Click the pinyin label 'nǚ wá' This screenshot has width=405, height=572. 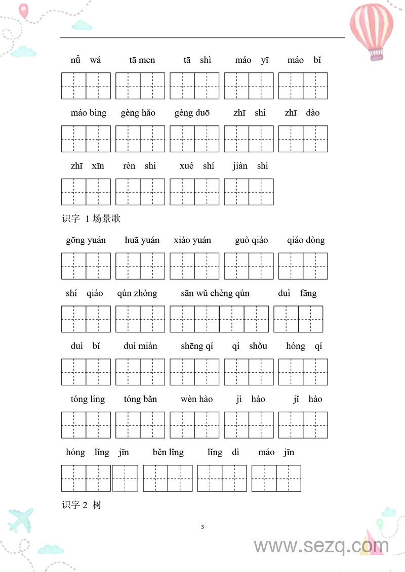(86, 60)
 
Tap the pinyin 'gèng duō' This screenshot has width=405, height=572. (192, 113)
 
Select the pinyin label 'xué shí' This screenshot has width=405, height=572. (196, 166)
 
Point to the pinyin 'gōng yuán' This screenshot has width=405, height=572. (86, 240)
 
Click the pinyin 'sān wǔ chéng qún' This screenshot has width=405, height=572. (215, 293)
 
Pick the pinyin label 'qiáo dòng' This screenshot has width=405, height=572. (306, 240)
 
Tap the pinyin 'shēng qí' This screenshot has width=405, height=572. (197, 346)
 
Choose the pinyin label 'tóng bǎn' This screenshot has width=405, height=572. (140, 400)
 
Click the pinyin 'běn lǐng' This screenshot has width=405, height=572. (168, 452)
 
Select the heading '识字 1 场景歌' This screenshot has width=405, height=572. (91, 219)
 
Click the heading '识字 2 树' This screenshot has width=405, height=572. (82, 505)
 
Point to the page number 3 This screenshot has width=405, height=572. (202, 527)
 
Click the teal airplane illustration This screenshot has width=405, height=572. (21, 519)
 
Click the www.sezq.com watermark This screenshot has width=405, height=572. (321, 546)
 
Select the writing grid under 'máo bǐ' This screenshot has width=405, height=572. (303, 86)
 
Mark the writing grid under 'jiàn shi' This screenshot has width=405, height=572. (249, 192)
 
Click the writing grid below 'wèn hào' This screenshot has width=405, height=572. (194, 425)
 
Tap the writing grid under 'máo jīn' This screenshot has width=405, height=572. (276, 478)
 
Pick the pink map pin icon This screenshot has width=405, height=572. (23, 10)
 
